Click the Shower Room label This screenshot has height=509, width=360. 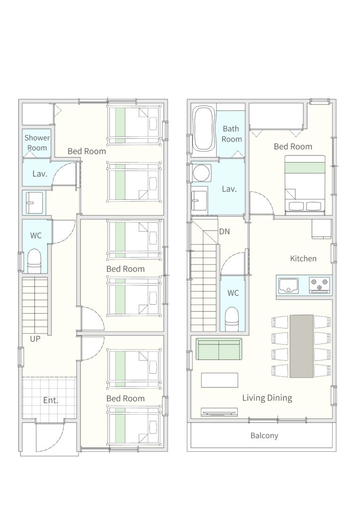[37, 143]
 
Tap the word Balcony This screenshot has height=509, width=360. [264, 435]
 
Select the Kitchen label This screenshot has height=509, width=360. [303, 258]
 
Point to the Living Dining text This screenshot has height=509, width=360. [267, 398]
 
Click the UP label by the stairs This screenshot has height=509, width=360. [35, 339]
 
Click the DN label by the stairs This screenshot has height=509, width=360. [224, 232]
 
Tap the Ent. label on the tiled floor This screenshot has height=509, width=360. [51, 400]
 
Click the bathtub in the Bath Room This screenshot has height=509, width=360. [204, 129]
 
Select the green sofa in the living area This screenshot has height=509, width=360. [219, 349]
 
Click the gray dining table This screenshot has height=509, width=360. [301, 346]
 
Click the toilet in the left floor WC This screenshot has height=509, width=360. [34, 261]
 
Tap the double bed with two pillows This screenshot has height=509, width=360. [305, 185]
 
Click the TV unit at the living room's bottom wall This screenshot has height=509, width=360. [219, 412]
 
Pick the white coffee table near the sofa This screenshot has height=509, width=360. [219, 380]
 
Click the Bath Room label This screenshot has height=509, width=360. [231, 134]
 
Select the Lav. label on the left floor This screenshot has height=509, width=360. [40, 173]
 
